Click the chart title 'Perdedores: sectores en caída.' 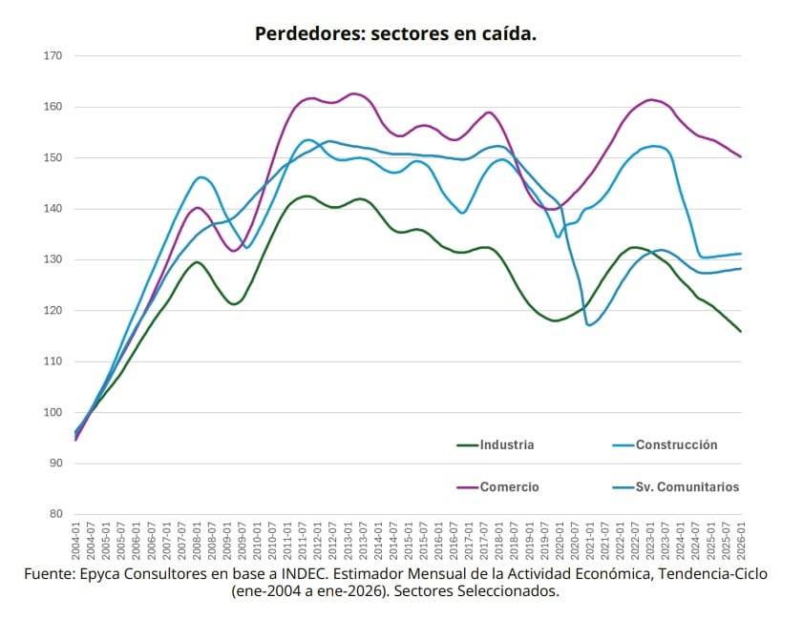(x=395, y=34)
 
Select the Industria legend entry (x=506, y=444)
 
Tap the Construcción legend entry (x=676, y=444)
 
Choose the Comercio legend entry (x=509, y=486)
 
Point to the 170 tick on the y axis (x=53, y=56)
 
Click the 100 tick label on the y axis (x=53, y=413)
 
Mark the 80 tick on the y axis (x=55, y=515)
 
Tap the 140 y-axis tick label (x=53, y=209)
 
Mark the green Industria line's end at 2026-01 (x=741, y=332)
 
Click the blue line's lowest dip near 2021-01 (x=590, y=325)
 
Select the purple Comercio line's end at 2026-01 (x=741, y=156)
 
